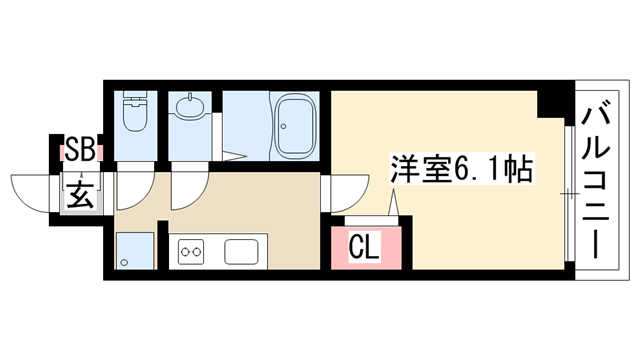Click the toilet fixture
pos(135,111)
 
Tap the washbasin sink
pos(190,107)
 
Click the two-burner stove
pos(191,251)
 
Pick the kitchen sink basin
pos(241,251)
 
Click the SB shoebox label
pos(80,149)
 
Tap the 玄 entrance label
pos(80,193)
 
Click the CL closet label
pos(364,247)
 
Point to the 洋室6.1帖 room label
pos(462,168)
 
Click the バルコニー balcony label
pos(596,182)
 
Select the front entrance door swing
pos(31,193)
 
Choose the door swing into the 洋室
pos(350,194)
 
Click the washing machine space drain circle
pos(124,262)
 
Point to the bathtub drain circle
pos(283,127)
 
